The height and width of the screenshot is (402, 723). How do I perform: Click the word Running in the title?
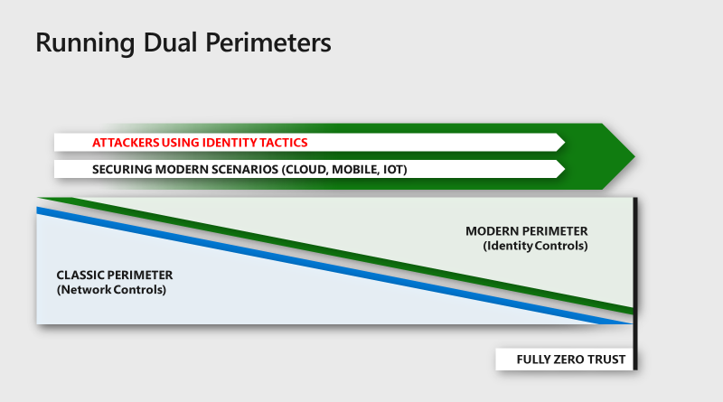85,43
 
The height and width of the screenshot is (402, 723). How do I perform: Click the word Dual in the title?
171,42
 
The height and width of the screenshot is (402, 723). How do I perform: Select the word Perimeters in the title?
268,42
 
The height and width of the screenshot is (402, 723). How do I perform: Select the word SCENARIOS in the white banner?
244,169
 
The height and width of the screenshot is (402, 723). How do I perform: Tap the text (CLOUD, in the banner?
305,170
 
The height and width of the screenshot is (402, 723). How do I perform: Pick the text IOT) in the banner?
395,170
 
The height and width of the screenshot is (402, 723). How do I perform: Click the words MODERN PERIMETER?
527,231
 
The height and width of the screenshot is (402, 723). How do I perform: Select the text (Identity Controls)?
535,246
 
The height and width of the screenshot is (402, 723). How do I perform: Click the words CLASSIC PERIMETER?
115,275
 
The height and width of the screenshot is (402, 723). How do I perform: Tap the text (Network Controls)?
111,289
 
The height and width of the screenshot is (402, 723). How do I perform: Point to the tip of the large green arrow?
635,156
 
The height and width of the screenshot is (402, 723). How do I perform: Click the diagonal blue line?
334,266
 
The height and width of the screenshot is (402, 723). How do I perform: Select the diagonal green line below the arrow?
336,256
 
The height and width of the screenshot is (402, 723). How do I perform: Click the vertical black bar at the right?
635,284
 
